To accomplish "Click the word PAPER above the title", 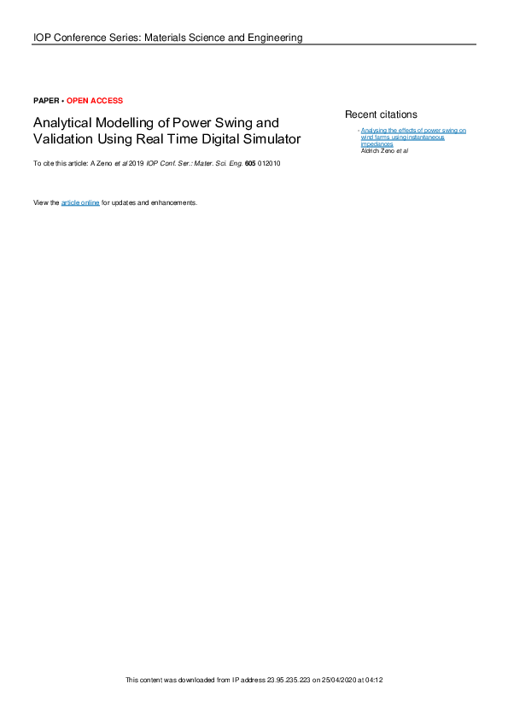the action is click(x=45, y=101).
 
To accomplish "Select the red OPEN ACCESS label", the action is click(x=95, y=101).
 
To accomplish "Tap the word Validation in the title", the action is click(x=61, y=139).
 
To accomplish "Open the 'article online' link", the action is click(x=80, y=202).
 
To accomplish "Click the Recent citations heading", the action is click(x=381, y=114).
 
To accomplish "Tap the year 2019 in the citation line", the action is click(x=137, y=163).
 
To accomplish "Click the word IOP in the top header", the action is click(x=43, y=38).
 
